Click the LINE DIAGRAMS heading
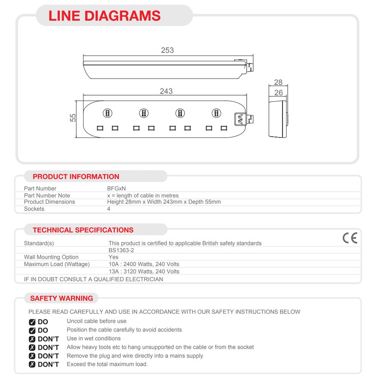pyautogui.click(x=104, y=16)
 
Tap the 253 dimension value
pyautogui.click(x=167, y=50)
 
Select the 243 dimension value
pyautogui.click(x=166, y=91)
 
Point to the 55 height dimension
pyautogui.click(x=73, y=118)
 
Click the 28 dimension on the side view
pyautogui.click(x=278, y=83)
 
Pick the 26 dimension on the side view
pyautogui.click(x=279, y=92)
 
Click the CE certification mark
pyautogui.click(x=349, y=238)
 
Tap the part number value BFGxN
pyautogui.click(x=116, y=188)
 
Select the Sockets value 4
pyautogui.click(x=109, y=209)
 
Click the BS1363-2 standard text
pyautogui.click(x=121, y=250)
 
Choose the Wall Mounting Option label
pyautogui.click(x=51, y=257)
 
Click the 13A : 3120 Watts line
pyautogui.click(x=144, y=272)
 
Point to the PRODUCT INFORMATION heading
pyautogui.click(x=76, y=177)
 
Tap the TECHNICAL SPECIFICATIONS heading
pyautogui.click(x=83, y=230)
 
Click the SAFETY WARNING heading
pyautogui.click(x=61, y=298)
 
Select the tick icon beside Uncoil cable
pyautogui.click(x=32, y=322)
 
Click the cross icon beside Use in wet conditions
pyautogui.click(x=32, y=339)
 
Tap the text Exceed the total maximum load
pyautogui.click(x=107, y=364)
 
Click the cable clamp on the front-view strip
pyautogui.click(x=240, y=119)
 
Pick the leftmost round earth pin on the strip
pyautogui.click(x=107, y=113)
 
